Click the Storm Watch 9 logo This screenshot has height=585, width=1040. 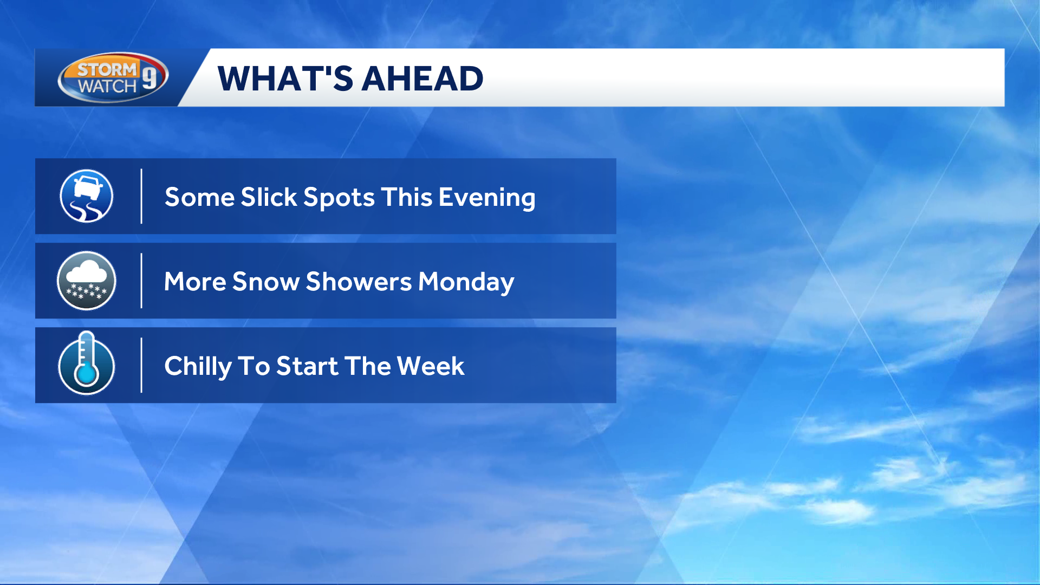[x=113, y=77]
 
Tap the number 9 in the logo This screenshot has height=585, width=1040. [x=149, y=77]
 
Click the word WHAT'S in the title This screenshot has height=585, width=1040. [x=285, y=79]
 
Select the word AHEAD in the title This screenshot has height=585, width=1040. [x=422, y=79]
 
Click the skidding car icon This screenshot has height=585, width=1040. [x=87, y=196]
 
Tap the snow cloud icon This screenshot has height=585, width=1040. [x=87, y=281]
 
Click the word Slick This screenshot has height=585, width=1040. [x=269, y=197]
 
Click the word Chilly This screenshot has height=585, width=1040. [x=198, y=367]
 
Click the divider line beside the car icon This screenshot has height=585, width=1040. [x=141, y=196]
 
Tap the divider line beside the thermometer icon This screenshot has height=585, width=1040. [x=141, y=365]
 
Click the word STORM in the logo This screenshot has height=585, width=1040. [x=107, y=69]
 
